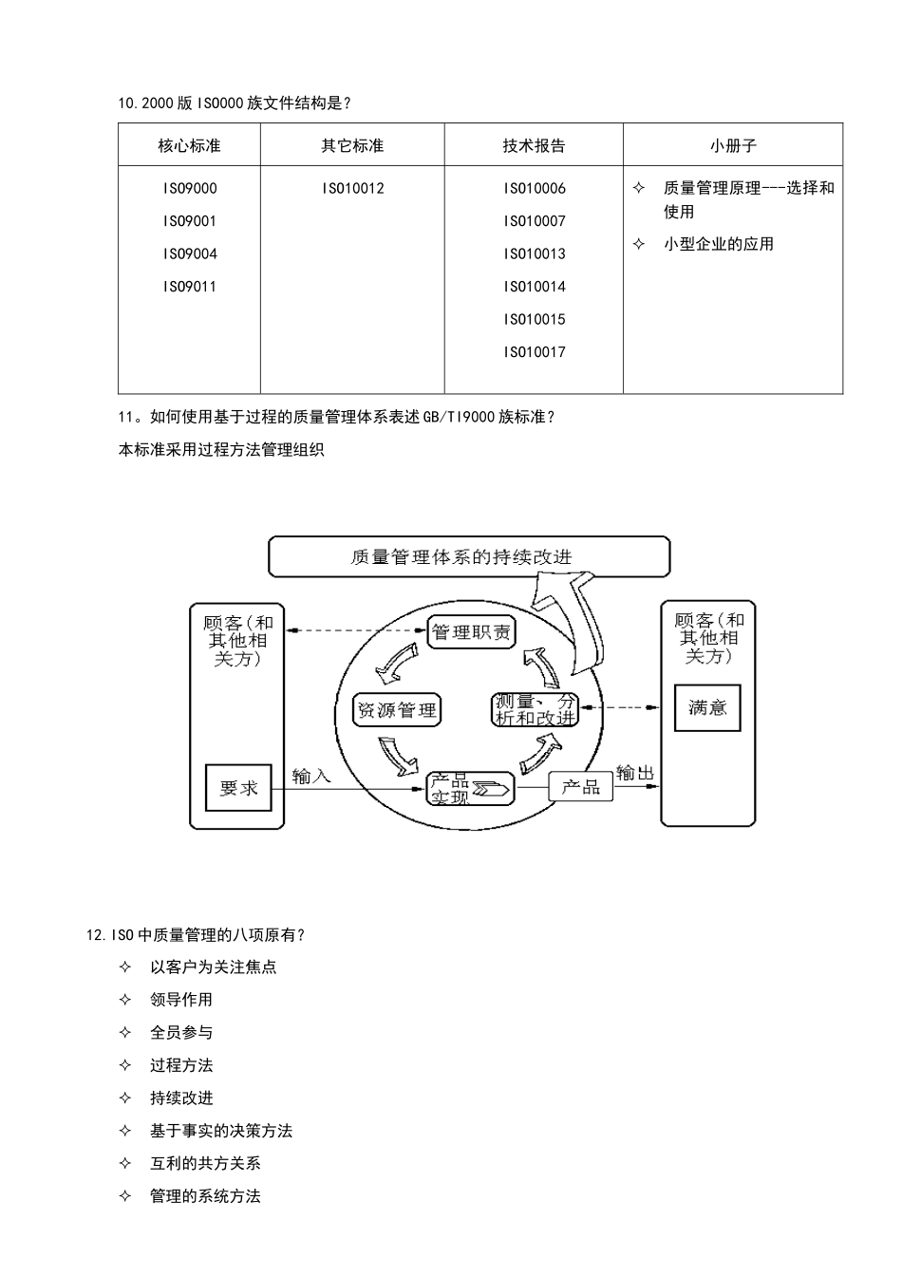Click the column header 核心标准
pyautogui.click(x=189, y=145)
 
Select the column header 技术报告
pyautogui.click(x=534, y=145)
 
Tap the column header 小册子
pyautogui.click(x=733, y=145)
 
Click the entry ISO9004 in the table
pyautogui.click(x=189, y=253)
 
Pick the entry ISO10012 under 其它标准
pyautogui.click(x=352, y=188)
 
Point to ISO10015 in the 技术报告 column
pyautogui.click(x=534, y=319)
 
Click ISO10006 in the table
pyautogui.click(x=534, y=188)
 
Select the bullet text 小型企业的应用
pyautogui.click(x=718, y=244)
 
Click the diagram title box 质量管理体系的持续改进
pyautogui.click(x=468, y=556)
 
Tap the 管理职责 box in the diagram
pyautogui.click(x=471, y=631)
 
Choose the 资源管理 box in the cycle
pyautogui.click(x=397, y=710)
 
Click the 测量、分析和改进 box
pyautogui.click(x=536, y=709)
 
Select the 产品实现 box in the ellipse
pyautogui.click(x=470, y=788)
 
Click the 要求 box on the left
pyautogui.click(x=238, y=788)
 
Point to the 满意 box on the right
pyautogui.click(x=707, y=707)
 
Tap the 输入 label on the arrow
pyautogui.click(x=311, y=776)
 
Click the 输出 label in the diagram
pyautogui.click(x=635, y=773)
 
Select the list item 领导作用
pyautogui.click(x=180, y=1000)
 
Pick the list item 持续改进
pyautogui.click(x=180, y=1098)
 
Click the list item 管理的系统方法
pyautogui.click(x=205, y=1196)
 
